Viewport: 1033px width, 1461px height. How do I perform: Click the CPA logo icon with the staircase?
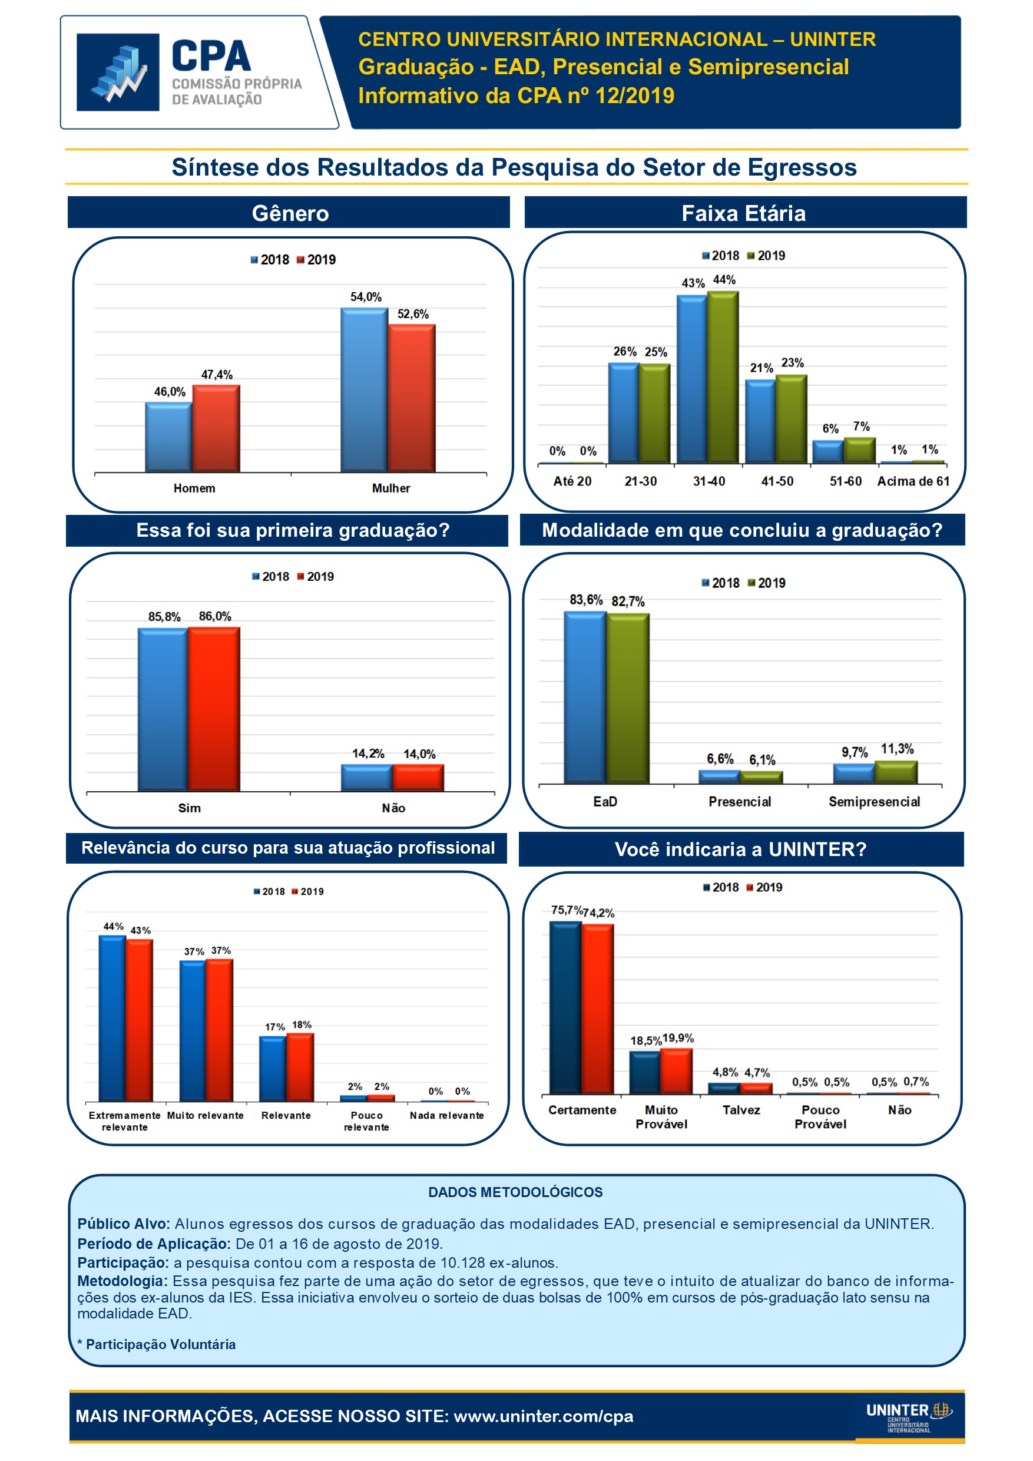click(x=118, y=72)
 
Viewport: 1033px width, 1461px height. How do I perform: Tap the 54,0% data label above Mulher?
click(x=366, y=297)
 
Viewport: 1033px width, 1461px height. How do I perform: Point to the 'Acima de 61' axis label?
click(x=913, y=482)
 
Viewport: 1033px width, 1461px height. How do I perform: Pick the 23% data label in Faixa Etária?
click(x=793, y=363)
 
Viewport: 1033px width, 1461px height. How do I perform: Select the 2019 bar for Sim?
click(x=214, y=709)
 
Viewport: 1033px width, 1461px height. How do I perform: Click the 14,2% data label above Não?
click(x=368, y=753)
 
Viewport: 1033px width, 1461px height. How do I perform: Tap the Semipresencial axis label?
click(x=874, y=802)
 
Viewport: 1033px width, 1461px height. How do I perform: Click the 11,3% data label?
click(x=897, y=749)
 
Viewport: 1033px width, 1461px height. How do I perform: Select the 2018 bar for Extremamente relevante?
click(x=112, y=1018)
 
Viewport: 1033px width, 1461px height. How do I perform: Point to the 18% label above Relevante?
click(x=302, y=1024)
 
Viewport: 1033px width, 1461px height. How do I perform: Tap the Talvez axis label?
click(x=741, y=1110)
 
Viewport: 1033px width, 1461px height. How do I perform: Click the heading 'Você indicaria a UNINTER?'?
click(x=740, y=850)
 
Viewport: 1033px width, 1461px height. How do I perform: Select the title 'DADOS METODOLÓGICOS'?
click(x=515, y=1192)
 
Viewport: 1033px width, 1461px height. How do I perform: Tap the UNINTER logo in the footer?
click(x=908, y=1416)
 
